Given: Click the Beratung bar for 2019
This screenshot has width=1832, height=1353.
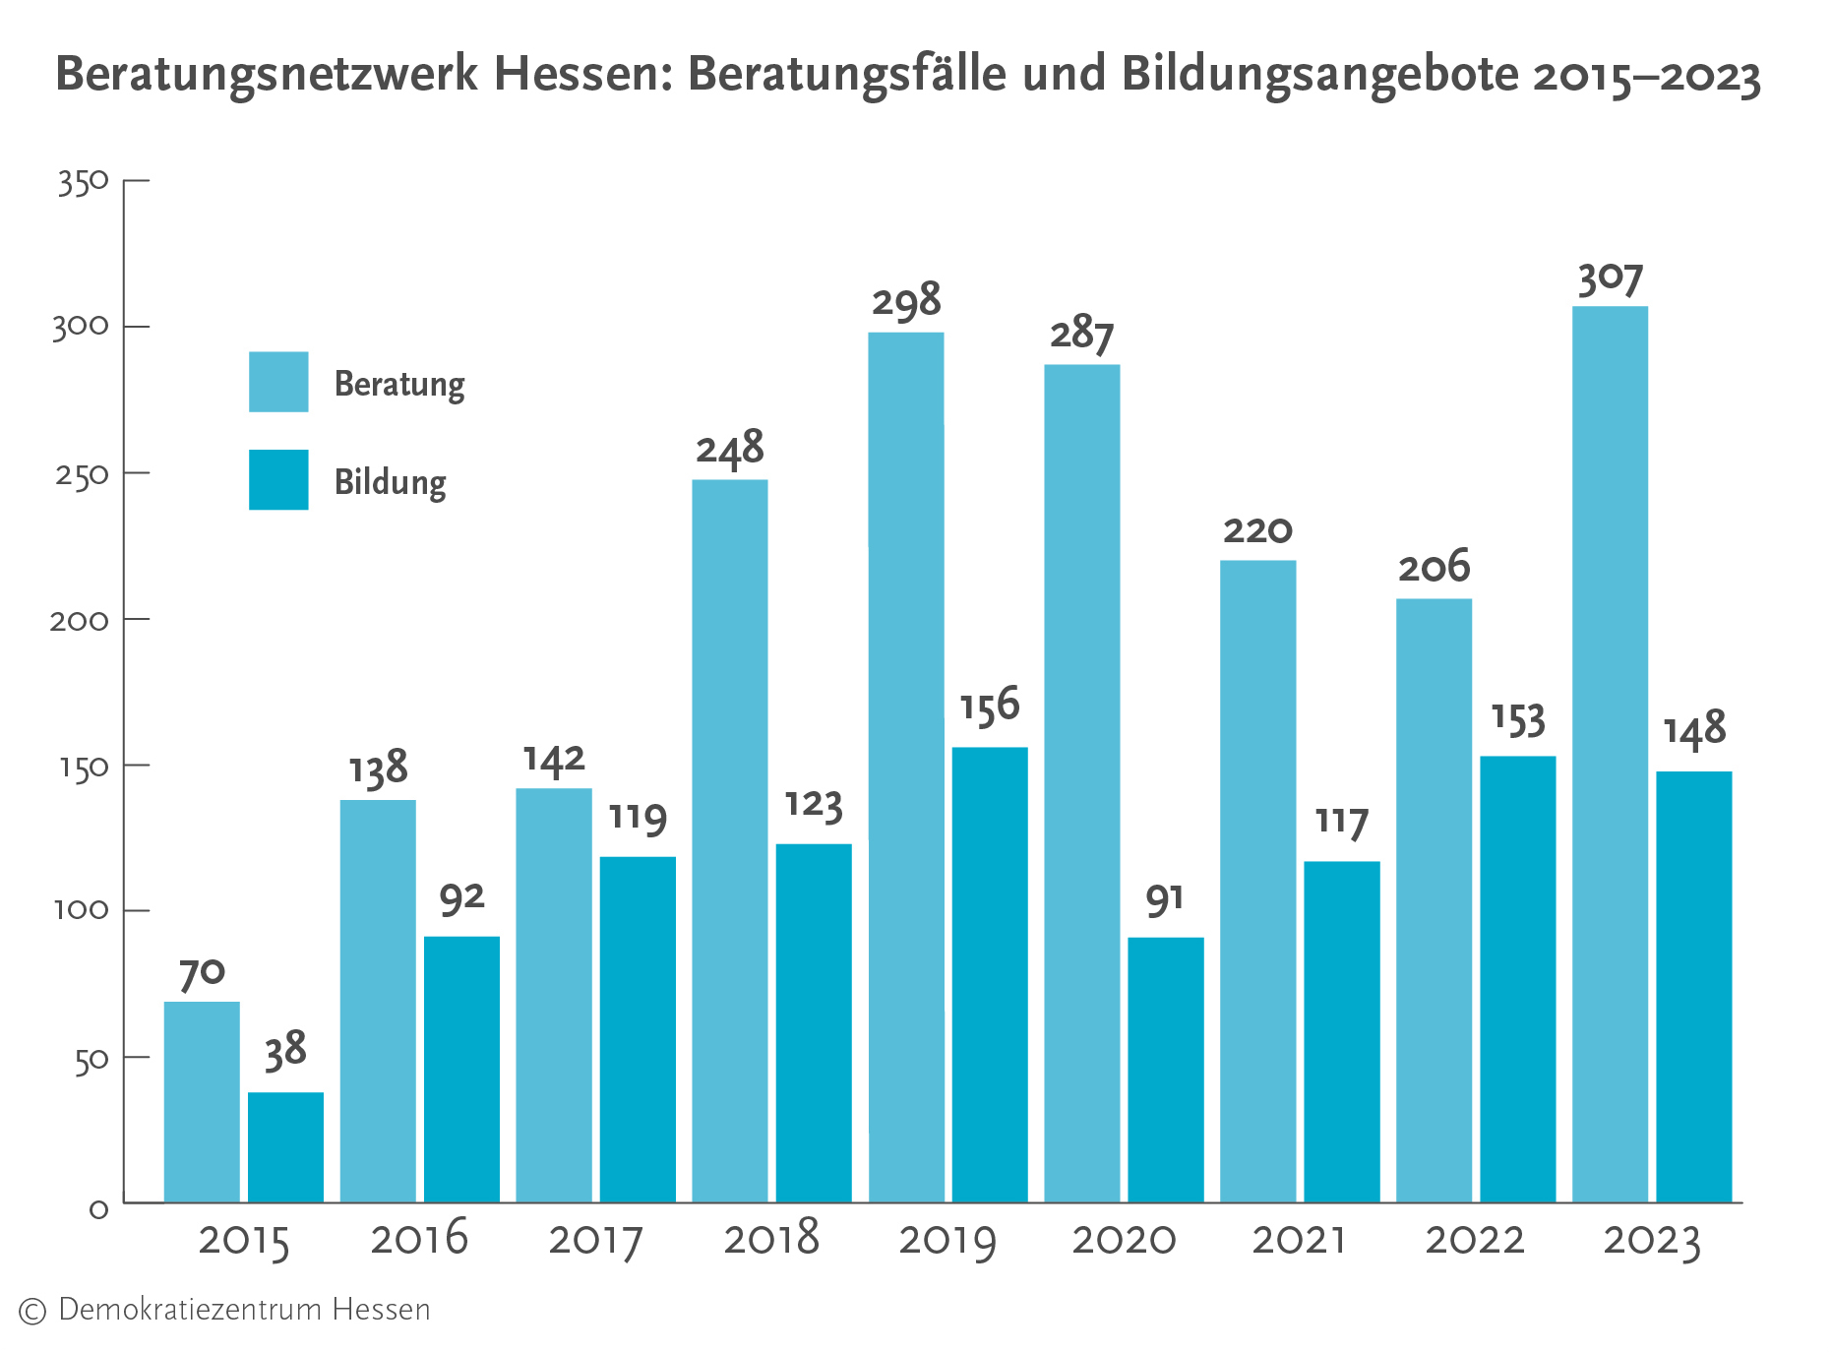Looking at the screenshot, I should tap(905, 768).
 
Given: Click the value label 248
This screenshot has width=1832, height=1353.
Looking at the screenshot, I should tap(730, 449).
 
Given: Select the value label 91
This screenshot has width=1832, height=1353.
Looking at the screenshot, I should tap(1165, 899).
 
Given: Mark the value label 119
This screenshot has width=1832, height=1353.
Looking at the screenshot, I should tap(638, 818).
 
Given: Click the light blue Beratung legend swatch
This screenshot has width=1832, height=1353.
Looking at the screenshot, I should tap(278, 382).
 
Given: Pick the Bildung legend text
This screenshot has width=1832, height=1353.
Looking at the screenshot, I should tap(391, 482).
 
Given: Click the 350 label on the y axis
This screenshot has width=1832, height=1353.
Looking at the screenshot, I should tap(83, 182).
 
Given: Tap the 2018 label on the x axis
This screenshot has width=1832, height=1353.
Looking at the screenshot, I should tap(771, 1238).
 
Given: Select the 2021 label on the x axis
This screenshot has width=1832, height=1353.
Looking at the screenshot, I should tap(1299, 1240).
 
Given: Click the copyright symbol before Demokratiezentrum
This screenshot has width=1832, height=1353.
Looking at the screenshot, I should tap(32, 1311).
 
